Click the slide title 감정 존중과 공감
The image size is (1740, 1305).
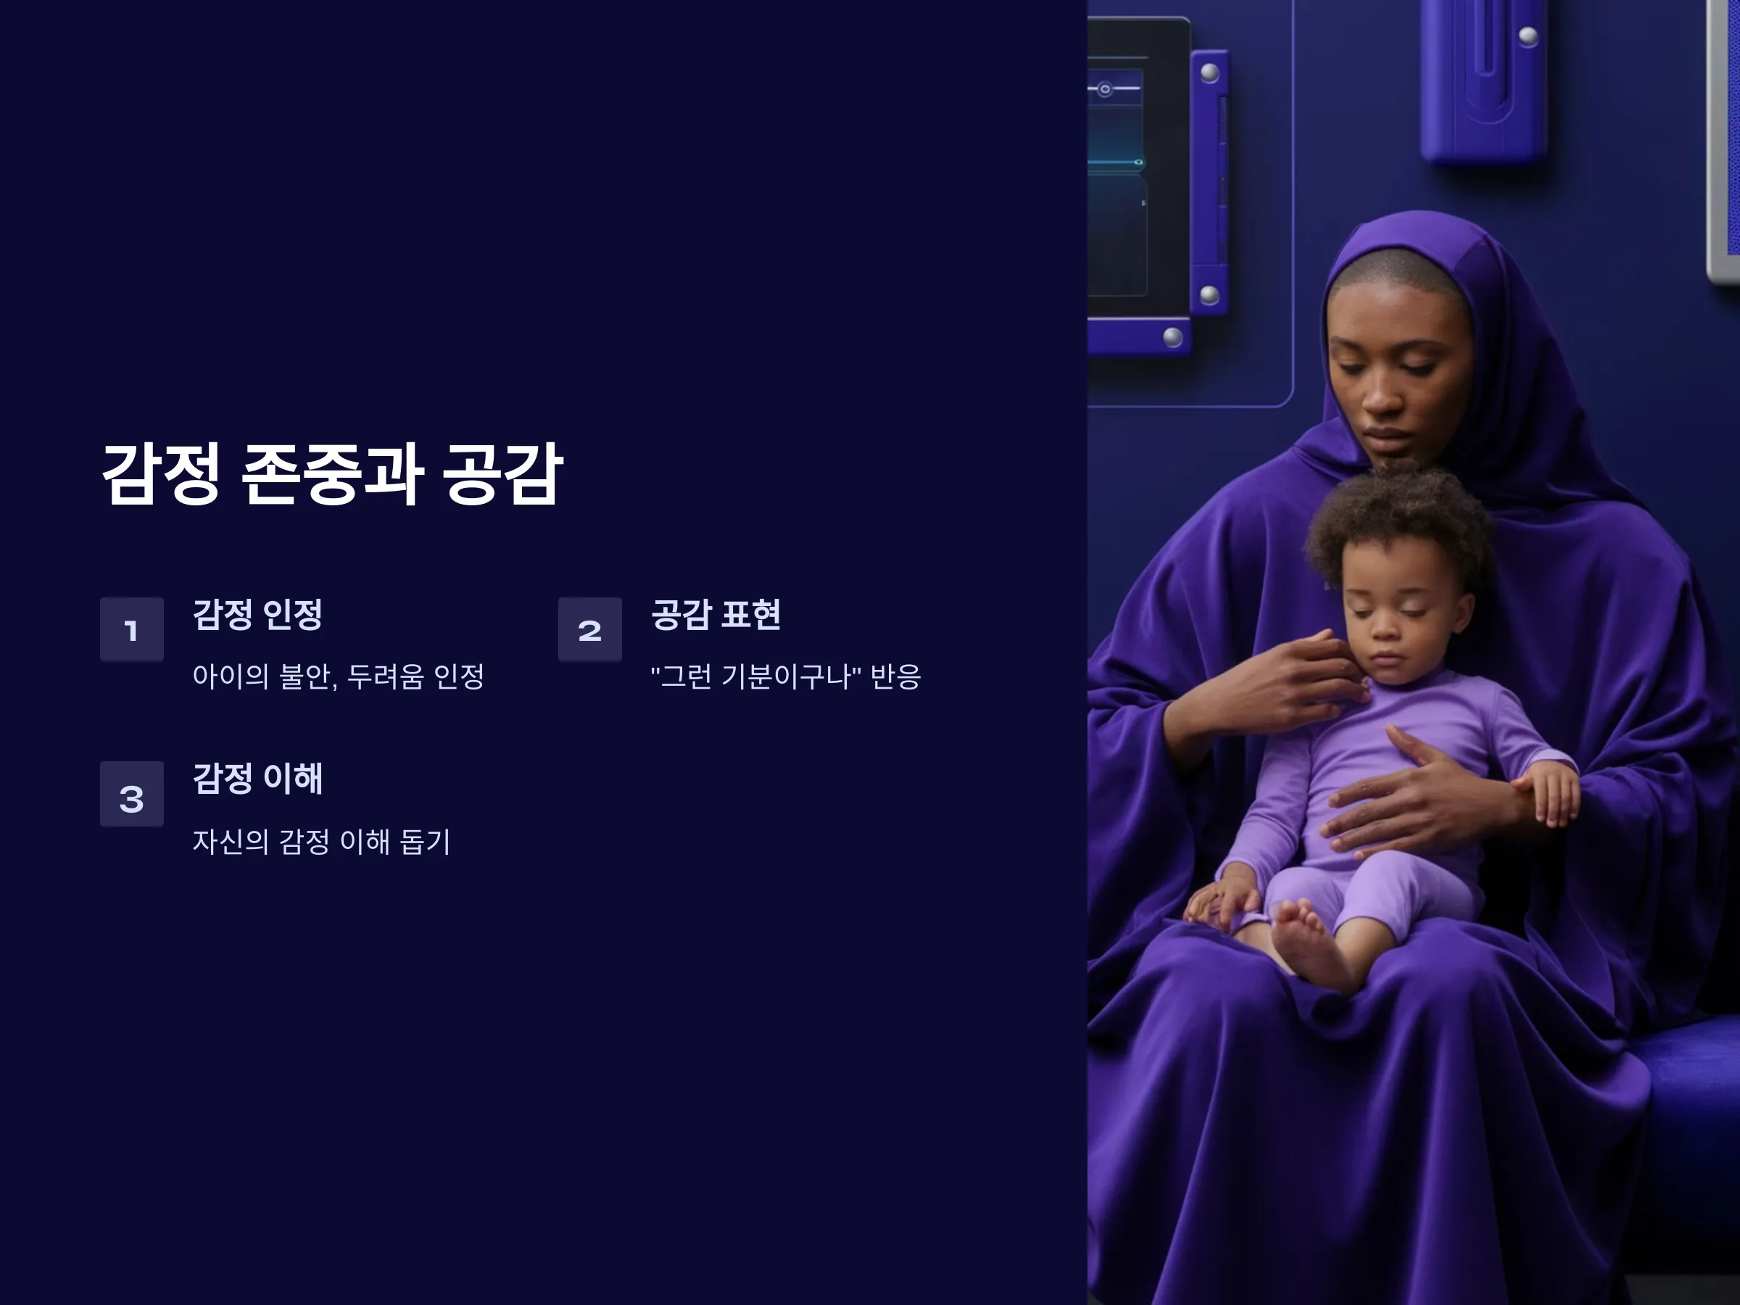pyautogui.click(x=332, y=473)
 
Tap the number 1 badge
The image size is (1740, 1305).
pyautogui.click(x=131, y=629)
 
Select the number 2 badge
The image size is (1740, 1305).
pyautogui.click(x=590, y=629)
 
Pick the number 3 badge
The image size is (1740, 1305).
pyautogui.click(x=131, y=794)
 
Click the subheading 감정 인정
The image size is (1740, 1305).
pyautogui.click(x=258, y=614)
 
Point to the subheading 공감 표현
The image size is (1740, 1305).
pyautogui.click(x=716, y=614)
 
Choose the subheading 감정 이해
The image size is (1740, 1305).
pyautogui.click(x=258, y=779)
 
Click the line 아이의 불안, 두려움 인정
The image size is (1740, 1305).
pyautogui.click(x=339, y=676)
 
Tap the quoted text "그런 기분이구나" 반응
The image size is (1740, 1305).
pyautogui.click(x=786, y=676)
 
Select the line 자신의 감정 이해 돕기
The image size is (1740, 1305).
pyautogui.click(x=322, y=842)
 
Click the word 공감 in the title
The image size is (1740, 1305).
pyautogui.click(x=502, y=473)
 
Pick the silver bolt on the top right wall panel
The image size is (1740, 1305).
pyautogui.click(x=1528, y=36)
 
